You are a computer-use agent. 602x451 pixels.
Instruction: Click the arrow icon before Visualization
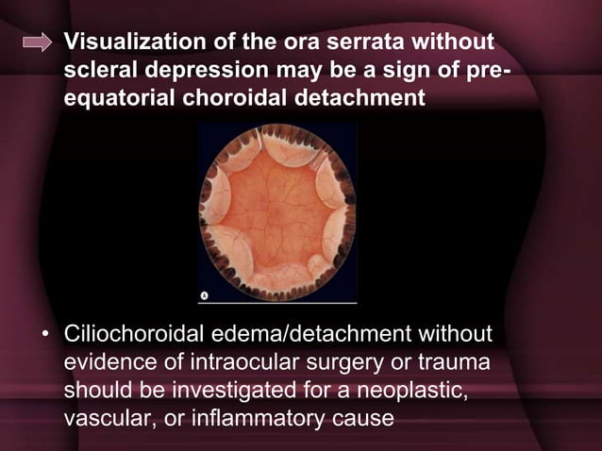pyautogui.click(x=37, y=42)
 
